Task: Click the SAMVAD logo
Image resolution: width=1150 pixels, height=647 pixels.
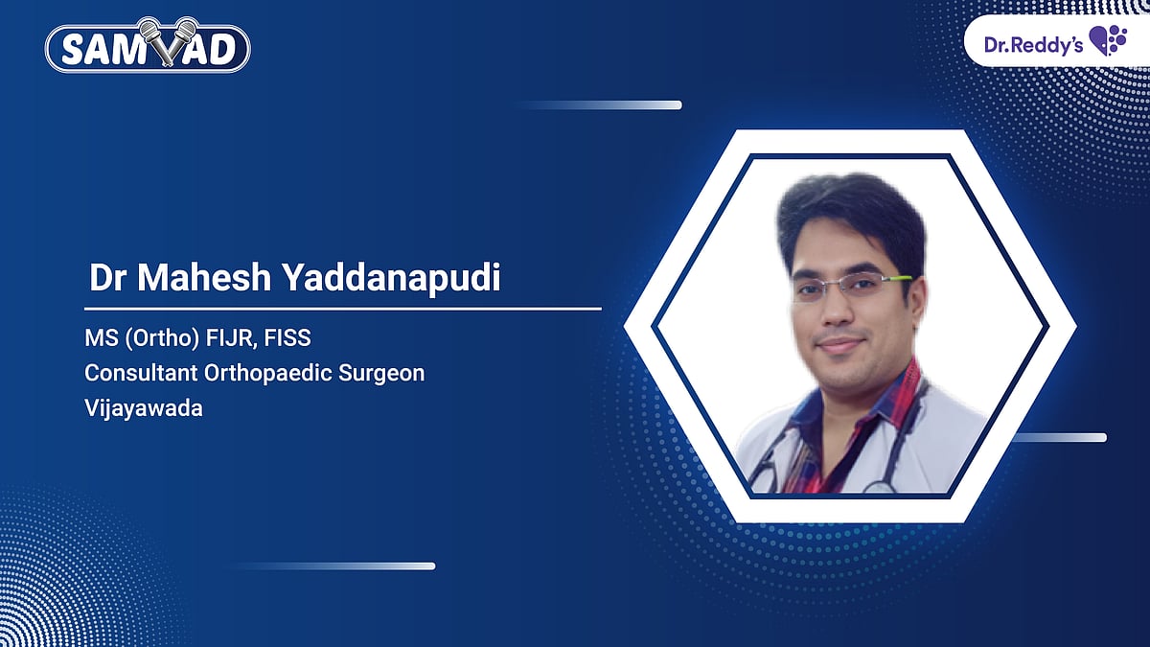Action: [x=149, y=48]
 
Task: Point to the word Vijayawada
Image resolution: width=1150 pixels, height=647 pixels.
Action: [x=144, y=407]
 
